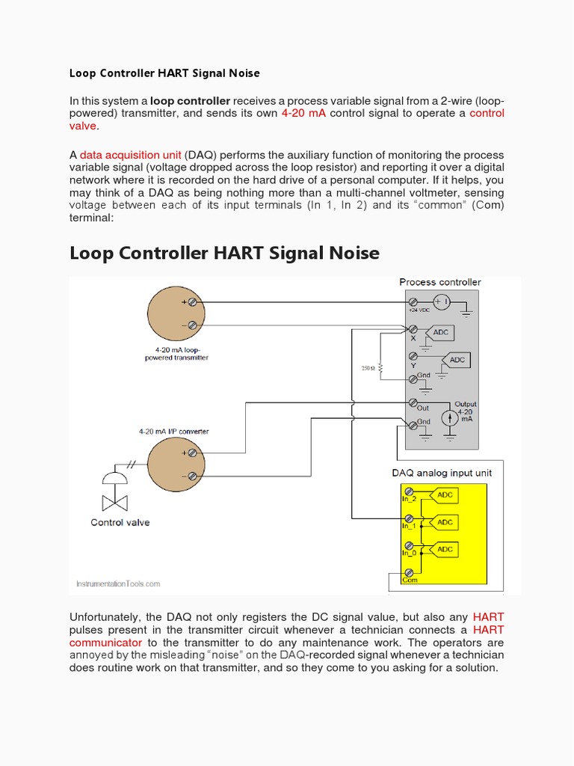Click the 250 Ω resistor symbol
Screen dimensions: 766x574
point(380,368)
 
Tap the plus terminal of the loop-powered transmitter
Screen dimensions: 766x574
point(193,302)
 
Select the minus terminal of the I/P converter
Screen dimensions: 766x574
point(193,476)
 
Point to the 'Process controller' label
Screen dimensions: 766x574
point(440,282)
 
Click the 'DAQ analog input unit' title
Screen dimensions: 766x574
point(442,473)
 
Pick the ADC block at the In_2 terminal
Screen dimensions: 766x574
point(445,495)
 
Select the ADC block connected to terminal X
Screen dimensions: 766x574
point(440,332)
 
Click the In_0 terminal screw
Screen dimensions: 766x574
point(410,545)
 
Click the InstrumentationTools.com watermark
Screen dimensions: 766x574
point(118,584)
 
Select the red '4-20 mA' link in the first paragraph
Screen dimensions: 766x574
point(303,113)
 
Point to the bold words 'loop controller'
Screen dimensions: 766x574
point(191,101)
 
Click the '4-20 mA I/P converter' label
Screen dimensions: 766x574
point(173,432)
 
